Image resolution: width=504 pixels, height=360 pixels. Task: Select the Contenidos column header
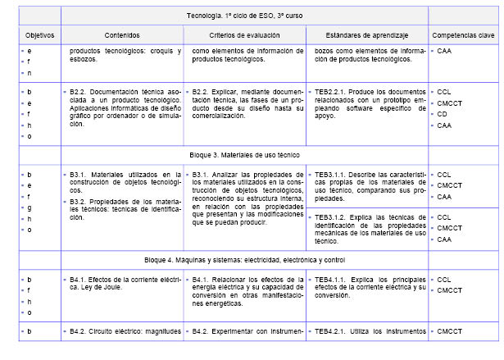tap(121, 35)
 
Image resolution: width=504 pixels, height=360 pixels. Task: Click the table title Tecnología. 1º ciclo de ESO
tap(245, 16)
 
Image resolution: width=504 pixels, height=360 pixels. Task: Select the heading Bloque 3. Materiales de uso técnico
tap(245, 154)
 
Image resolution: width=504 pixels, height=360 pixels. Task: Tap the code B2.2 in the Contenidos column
tap(79, 92)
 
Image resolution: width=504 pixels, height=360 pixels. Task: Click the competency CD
tap(443, 114)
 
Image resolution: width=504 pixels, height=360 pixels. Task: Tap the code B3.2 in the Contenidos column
tap(79, 201)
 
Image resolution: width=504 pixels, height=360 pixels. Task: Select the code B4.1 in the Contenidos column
tap(79, 280)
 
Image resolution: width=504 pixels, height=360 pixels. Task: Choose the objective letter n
tap(30, 73)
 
